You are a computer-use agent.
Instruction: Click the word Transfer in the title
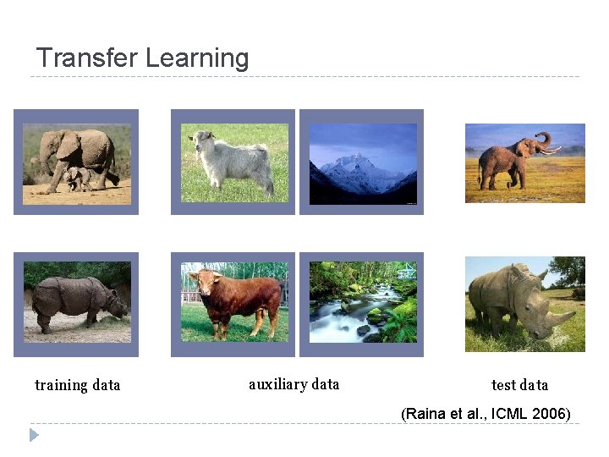coord(87,58)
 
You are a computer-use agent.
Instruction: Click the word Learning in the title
coord(196,58)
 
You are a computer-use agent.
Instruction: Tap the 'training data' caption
coord(77,385)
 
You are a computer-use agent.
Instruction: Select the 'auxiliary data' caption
coord(294,384)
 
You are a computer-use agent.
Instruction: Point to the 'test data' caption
coord(519,385)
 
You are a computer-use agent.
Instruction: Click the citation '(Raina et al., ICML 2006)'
coord(486,414)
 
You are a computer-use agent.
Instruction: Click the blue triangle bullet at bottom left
coord(34,435)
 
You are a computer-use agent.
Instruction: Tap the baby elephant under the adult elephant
coord(78,177)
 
